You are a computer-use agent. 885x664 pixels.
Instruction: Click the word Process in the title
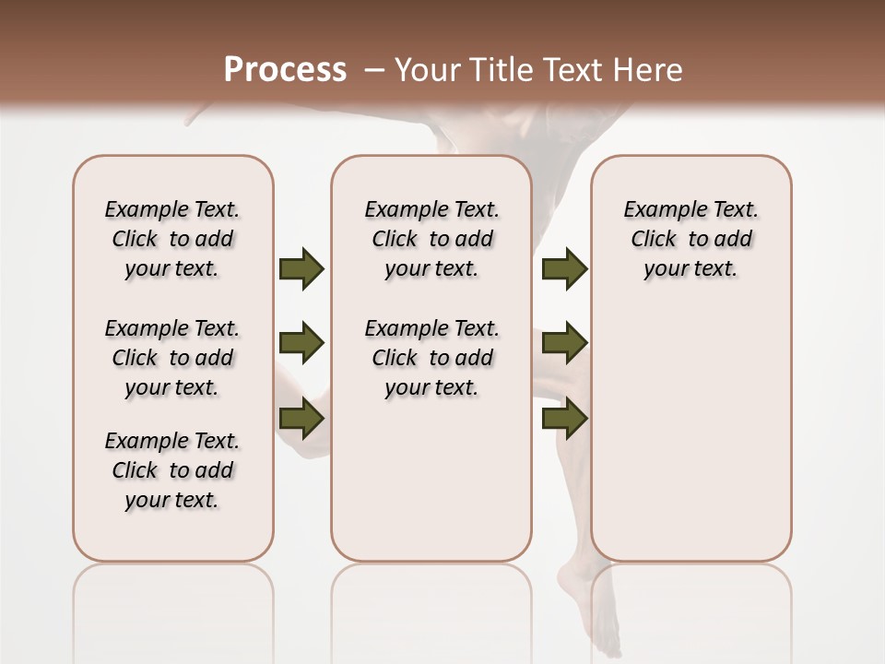pos(285,70)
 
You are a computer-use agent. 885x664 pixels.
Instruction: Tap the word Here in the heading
pos(648,70)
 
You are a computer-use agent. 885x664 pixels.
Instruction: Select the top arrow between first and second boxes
pos(301,268)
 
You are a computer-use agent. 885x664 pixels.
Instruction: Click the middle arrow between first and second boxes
pos(301,343)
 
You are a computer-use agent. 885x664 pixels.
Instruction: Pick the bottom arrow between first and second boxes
pos(301,418)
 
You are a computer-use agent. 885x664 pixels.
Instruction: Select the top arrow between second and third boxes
pos(564,268)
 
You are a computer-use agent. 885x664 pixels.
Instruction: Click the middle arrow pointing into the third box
pos(564,343)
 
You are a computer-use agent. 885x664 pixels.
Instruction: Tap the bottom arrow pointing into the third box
pos(564,418)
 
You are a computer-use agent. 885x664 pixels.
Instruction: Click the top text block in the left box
pos(172,239)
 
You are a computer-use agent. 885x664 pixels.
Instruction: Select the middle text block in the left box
pos(172,358)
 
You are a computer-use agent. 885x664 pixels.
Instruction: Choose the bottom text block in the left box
pos(172,470)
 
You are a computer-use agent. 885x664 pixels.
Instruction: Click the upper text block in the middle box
pos(431,239)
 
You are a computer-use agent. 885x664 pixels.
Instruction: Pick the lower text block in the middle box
pos(431,358)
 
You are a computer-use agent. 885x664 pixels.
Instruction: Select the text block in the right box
pos(690,239)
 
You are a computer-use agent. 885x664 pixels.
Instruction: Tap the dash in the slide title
pos(374,70)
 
